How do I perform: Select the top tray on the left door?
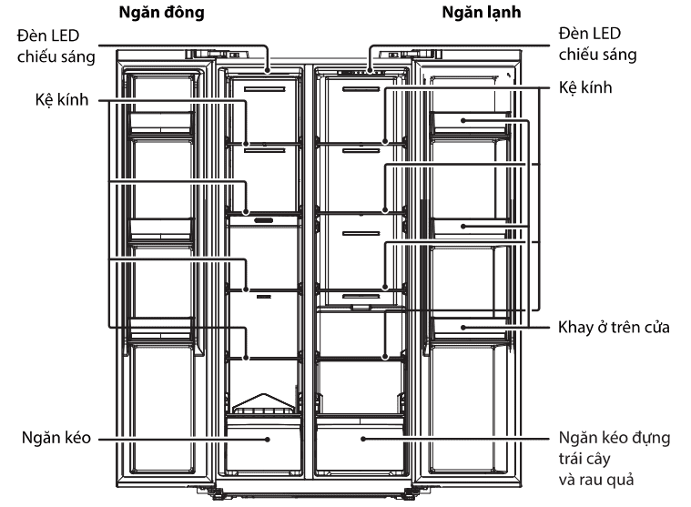160,123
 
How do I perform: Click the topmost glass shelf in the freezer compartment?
263,144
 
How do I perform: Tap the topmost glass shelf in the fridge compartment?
360,144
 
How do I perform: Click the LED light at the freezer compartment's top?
265,69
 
